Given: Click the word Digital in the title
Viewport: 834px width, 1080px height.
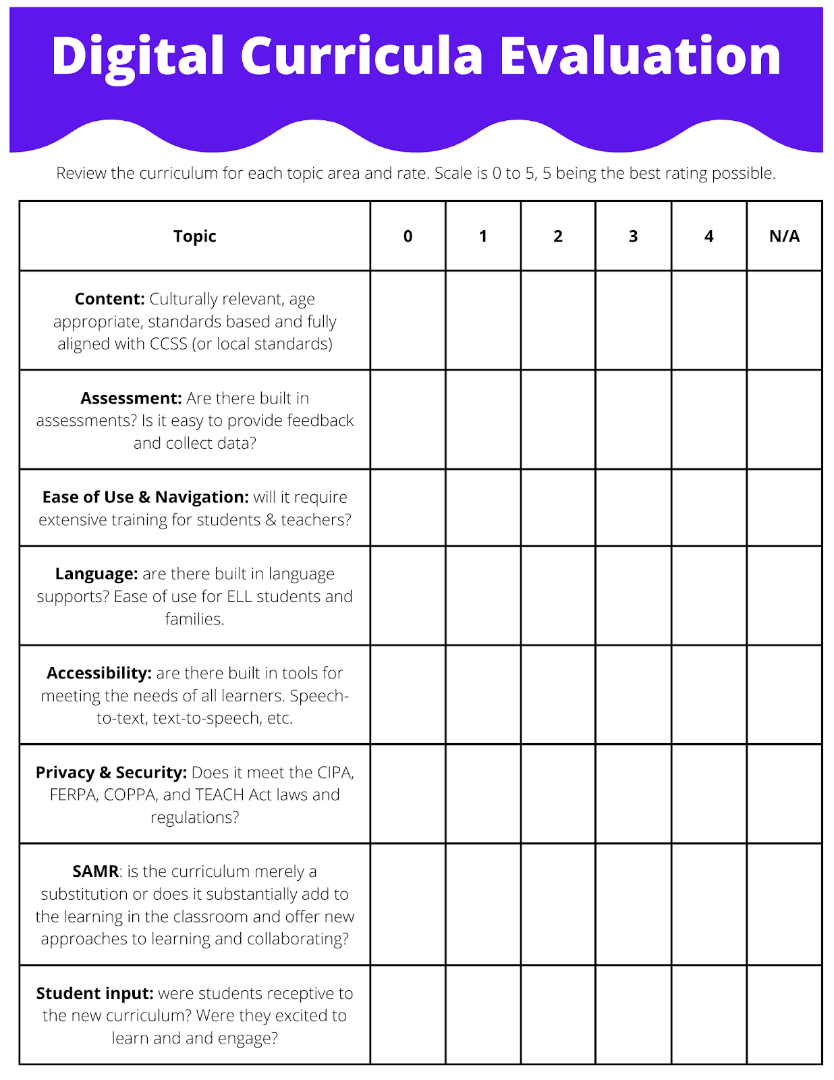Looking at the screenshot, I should tap(138, 56).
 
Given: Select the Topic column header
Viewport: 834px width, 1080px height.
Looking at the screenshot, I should tap(194, 236).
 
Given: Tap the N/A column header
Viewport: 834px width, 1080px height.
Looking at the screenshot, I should tap(784, 236).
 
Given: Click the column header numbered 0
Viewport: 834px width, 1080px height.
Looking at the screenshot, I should tap(408, 236).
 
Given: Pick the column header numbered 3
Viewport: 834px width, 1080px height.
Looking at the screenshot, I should tap(633, 236).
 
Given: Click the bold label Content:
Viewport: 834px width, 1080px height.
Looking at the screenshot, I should tap(109, 299).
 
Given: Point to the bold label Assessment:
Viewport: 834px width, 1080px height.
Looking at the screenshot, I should tap(131, 398).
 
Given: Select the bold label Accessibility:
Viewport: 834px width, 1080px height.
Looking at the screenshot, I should tap(99, 673).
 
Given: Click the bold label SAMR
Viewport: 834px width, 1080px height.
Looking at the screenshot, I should tap(95, 871).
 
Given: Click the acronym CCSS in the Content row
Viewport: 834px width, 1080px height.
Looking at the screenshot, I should tap(168, 344).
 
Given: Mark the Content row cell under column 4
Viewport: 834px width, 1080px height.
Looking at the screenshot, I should tap(708, 321).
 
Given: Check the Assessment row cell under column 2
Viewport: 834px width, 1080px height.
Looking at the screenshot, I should tap(558, 420).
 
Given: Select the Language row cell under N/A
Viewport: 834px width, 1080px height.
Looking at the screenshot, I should tap(784, 596).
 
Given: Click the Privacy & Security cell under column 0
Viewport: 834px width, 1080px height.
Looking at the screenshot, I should tap(408, 794).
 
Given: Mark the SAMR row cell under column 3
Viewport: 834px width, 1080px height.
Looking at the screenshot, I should tap(633, 905).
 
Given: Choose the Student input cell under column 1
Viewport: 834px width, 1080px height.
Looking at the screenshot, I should tap(483, 1015).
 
